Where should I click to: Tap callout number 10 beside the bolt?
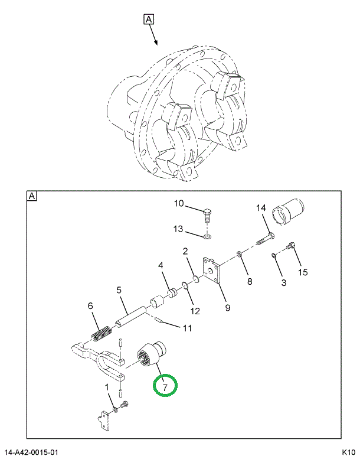178,204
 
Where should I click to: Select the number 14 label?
262,208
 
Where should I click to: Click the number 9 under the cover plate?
227,307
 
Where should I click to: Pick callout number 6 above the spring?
90,306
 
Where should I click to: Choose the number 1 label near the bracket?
107,388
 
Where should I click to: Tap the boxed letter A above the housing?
148,19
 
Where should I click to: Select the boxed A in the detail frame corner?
31,196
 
